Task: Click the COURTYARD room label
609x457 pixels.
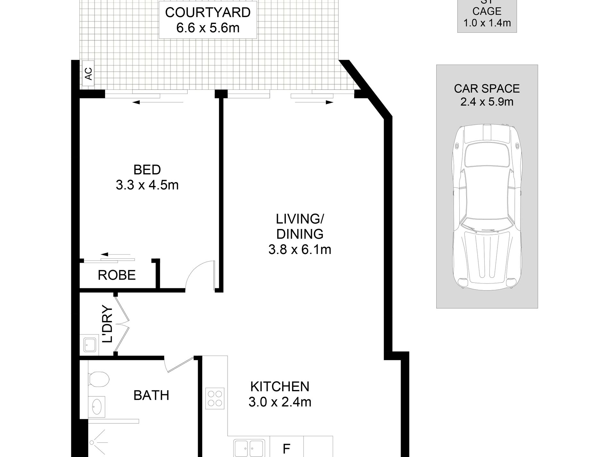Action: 208,13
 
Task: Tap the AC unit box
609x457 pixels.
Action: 88,73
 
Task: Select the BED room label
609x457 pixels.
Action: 147,170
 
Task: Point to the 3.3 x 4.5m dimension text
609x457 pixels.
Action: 147,185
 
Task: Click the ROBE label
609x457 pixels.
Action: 117,275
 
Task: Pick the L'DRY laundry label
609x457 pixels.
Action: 108,324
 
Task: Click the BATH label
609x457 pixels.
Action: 151,395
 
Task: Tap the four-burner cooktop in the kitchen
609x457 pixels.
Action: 215,398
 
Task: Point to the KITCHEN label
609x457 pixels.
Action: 280,386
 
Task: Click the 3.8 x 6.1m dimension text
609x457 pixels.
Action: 300,249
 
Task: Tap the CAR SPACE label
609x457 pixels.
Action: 487,88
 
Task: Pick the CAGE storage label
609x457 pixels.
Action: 487,11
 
